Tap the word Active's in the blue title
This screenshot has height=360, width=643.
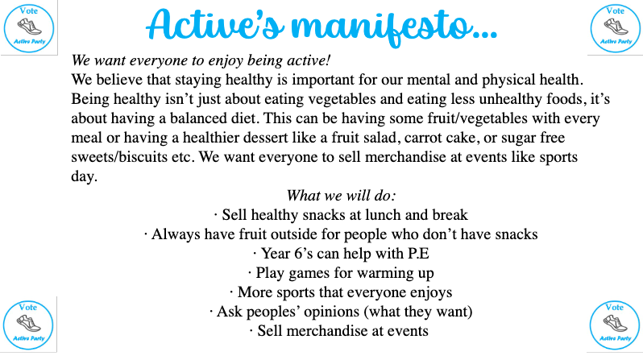click(x=215, y=24)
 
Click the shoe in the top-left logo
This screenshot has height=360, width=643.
click(x=30, y=27)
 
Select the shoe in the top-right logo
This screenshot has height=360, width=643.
click(x=616, y=27)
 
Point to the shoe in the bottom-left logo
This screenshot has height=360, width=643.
click(x=29, y=324)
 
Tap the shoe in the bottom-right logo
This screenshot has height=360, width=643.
click(x=615, y=324)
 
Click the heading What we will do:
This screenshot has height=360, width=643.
click(x=341, y=196)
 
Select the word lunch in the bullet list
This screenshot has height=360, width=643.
click(x=384, y=215)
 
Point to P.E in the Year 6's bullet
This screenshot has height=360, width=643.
click(x=418, y=254)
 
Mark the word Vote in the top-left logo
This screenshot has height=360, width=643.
click(x=29, y=11)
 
